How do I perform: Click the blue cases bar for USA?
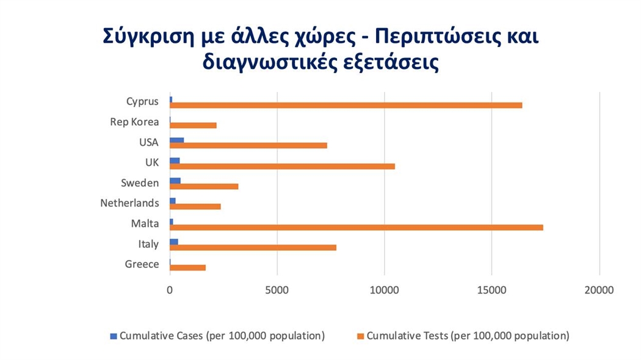(176, 140)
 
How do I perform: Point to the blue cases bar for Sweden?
(175, 181)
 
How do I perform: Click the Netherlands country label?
(129, 203)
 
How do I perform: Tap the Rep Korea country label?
(134, 122)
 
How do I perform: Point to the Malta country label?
(145, 223)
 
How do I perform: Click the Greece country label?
(142, 264)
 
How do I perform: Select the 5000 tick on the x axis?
(277, 291)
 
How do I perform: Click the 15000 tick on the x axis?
(492, 291)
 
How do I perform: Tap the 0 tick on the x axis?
(170, 291)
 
